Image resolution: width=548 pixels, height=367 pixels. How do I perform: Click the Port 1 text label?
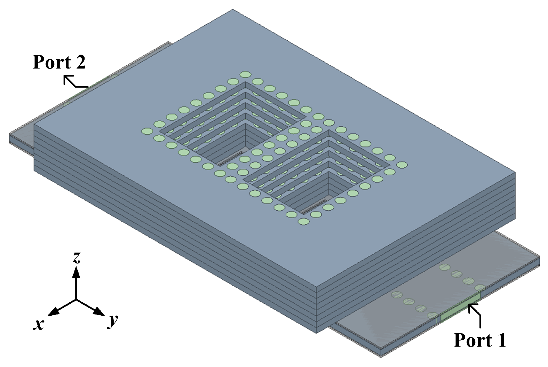[x=480, y=340]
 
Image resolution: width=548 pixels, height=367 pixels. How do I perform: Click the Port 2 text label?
[x=59, y=62]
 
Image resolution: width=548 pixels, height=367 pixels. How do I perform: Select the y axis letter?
[x=113, y=320]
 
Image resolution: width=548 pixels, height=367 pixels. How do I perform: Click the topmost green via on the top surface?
[x=245, y=74]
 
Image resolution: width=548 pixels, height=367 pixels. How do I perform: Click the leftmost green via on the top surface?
[x=147, y=131]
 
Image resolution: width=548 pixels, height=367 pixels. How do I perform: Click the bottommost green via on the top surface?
[x=303, y=221]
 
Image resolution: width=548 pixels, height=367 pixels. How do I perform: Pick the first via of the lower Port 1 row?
[x=397, y=295]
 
